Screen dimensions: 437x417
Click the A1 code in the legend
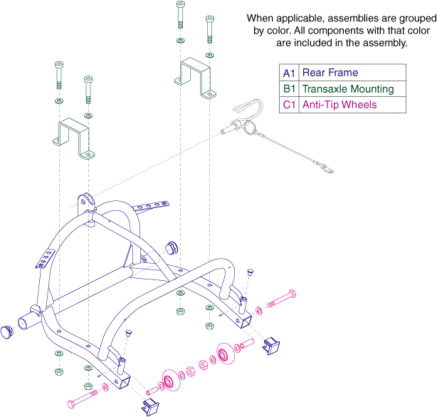(289, 73)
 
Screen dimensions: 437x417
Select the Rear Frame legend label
(330, 73)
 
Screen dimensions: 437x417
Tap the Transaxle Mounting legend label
(348, 89)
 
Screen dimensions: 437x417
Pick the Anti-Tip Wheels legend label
(339, 105)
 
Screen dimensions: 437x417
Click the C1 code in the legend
(289, 105)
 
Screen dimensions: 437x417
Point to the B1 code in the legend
(289, 89)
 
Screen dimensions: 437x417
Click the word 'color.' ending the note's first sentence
(279, 31)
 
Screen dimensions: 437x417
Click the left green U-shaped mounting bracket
(73, 138)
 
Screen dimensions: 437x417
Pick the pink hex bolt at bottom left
(83, 399)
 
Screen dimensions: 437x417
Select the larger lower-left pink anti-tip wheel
(170, 380)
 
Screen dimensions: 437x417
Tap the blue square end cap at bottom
(150, 407)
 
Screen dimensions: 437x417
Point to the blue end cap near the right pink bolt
(271, 346)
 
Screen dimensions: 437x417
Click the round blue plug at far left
(6, 332)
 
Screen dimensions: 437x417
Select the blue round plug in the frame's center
(171, 247)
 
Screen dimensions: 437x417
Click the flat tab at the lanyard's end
(327, 168)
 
